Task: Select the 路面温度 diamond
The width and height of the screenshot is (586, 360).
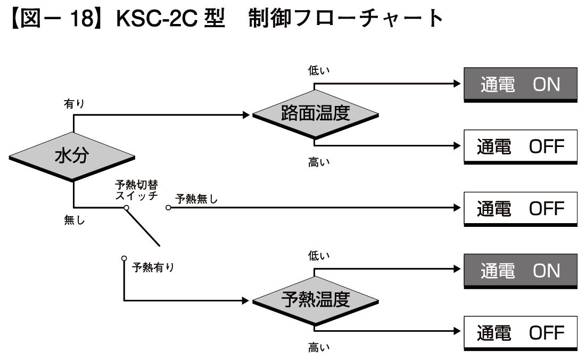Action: pyautogui.click(x=315, y=114)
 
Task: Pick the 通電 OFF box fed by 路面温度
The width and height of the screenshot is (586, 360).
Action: pyautogui.click(x=521, y=146)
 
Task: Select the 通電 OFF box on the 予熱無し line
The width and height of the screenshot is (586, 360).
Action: pyautogui.click(x=521, y=209)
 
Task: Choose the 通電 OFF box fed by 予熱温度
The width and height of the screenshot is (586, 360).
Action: pyautogui.click(x=521, y=333)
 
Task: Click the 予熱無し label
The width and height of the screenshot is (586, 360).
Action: pyautogui.click(x=197, y=199)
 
